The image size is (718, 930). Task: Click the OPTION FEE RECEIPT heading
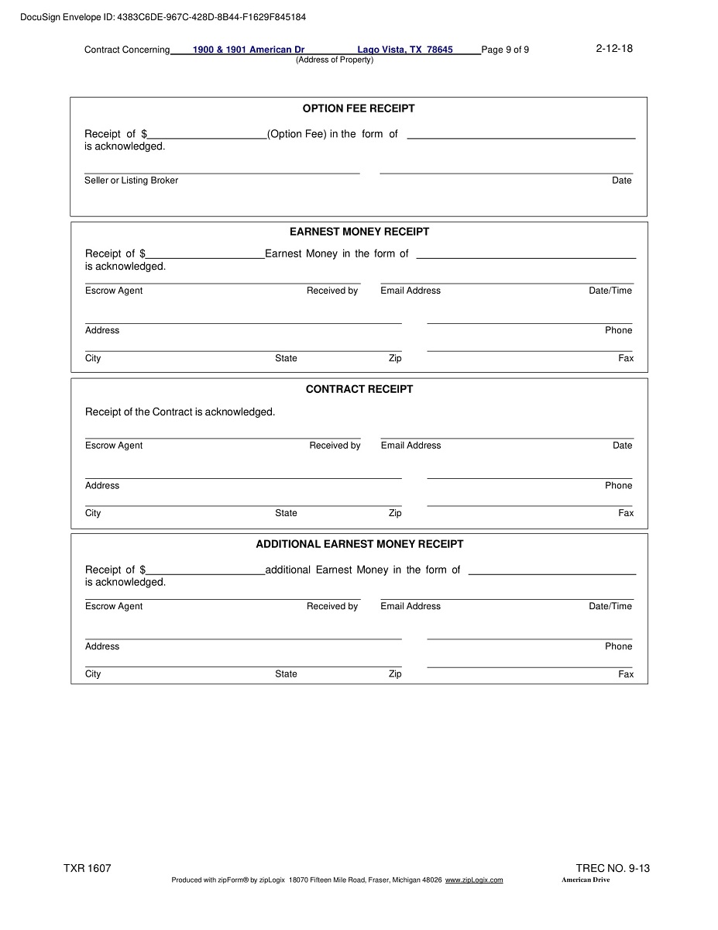coord(358,108)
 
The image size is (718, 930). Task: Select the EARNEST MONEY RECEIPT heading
coord(359,232)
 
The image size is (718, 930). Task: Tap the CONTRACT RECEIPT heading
coord(359,389)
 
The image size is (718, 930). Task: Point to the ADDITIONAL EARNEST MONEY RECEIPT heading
coord(359,544)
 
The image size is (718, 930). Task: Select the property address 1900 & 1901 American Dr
coord(248,50)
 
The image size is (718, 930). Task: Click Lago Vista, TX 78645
coord(405,50)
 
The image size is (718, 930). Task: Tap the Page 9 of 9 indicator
coord(505,50)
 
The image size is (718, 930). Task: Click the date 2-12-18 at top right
coord(614,48)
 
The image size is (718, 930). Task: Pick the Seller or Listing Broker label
coord(131,181)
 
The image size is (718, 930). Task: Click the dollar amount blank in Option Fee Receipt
coord(208,134)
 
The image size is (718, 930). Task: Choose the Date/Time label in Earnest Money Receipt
coord(610,291)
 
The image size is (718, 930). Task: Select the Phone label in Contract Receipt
coord(618,486)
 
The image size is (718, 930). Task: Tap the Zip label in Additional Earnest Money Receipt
coord(395,674)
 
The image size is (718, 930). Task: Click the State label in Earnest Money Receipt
coord(286,358)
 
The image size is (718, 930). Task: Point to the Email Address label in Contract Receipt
coord(411,446)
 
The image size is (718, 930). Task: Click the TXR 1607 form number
coord(88,868)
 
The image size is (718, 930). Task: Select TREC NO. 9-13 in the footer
coord(613,868)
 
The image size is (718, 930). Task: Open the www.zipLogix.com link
coord(474,880)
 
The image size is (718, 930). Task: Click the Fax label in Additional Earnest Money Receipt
coord(626,674)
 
